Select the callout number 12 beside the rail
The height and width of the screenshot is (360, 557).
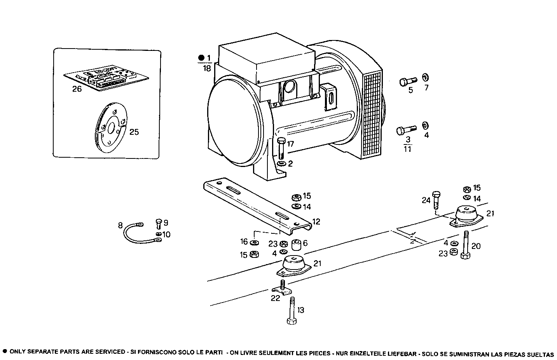316,222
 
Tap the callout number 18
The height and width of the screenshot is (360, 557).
206,69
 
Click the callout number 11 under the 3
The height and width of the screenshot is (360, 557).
407,149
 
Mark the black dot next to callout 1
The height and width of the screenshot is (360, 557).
201,58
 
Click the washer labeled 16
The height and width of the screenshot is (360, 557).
254,243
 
